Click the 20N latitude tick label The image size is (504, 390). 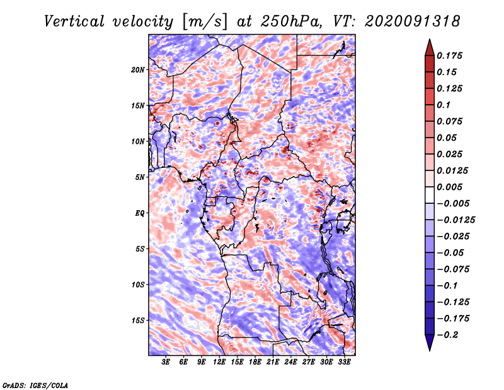point(137,70)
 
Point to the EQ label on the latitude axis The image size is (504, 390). point(139,213)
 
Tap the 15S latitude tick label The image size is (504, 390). point(137,321)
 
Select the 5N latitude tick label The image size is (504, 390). point(139,177)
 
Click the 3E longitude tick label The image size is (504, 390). point(166,362)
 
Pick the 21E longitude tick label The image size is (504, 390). point(273,362)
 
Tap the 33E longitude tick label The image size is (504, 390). point(344,362)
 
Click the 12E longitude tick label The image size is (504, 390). point(219,362)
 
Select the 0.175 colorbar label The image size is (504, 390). point(449,56)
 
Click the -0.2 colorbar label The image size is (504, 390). point(447,335)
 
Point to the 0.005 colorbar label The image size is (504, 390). point(449,187)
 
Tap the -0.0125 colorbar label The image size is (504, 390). point(455,220)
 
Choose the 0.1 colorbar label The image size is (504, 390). point(444,105)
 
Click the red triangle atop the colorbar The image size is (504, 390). point(430,48)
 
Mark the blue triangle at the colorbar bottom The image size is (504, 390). point(430,343)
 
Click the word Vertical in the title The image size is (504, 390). point(74,21)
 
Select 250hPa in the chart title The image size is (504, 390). point(291,21)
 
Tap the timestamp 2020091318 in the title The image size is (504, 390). point(412,21)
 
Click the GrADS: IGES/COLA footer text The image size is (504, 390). point(35,385)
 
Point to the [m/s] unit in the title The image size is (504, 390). point(205,22)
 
